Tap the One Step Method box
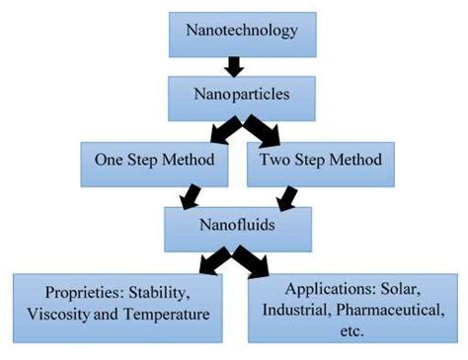[157, 162]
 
